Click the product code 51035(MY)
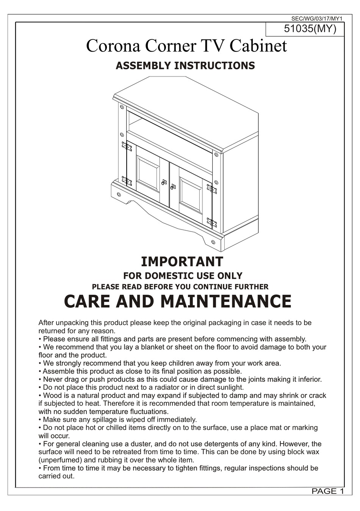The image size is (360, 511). coord(310,29)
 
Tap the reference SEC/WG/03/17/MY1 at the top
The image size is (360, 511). coord(317,18)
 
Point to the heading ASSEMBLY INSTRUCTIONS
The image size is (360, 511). coord(185,66)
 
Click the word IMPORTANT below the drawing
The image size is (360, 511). coord(182,261)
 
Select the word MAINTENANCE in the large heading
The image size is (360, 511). coord(226,302)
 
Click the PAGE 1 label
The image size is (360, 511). coord(327,491)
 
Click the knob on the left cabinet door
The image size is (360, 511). coord(164,182)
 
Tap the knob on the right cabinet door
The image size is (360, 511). coord(173,186)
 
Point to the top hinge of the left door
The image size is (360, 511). coord(127,146)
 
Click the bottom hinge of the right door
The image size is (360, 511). coord(211,222)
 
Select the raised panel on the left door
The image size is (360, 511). coord(148,174)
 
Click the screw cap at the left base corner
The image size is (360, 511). coord(119,194)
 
